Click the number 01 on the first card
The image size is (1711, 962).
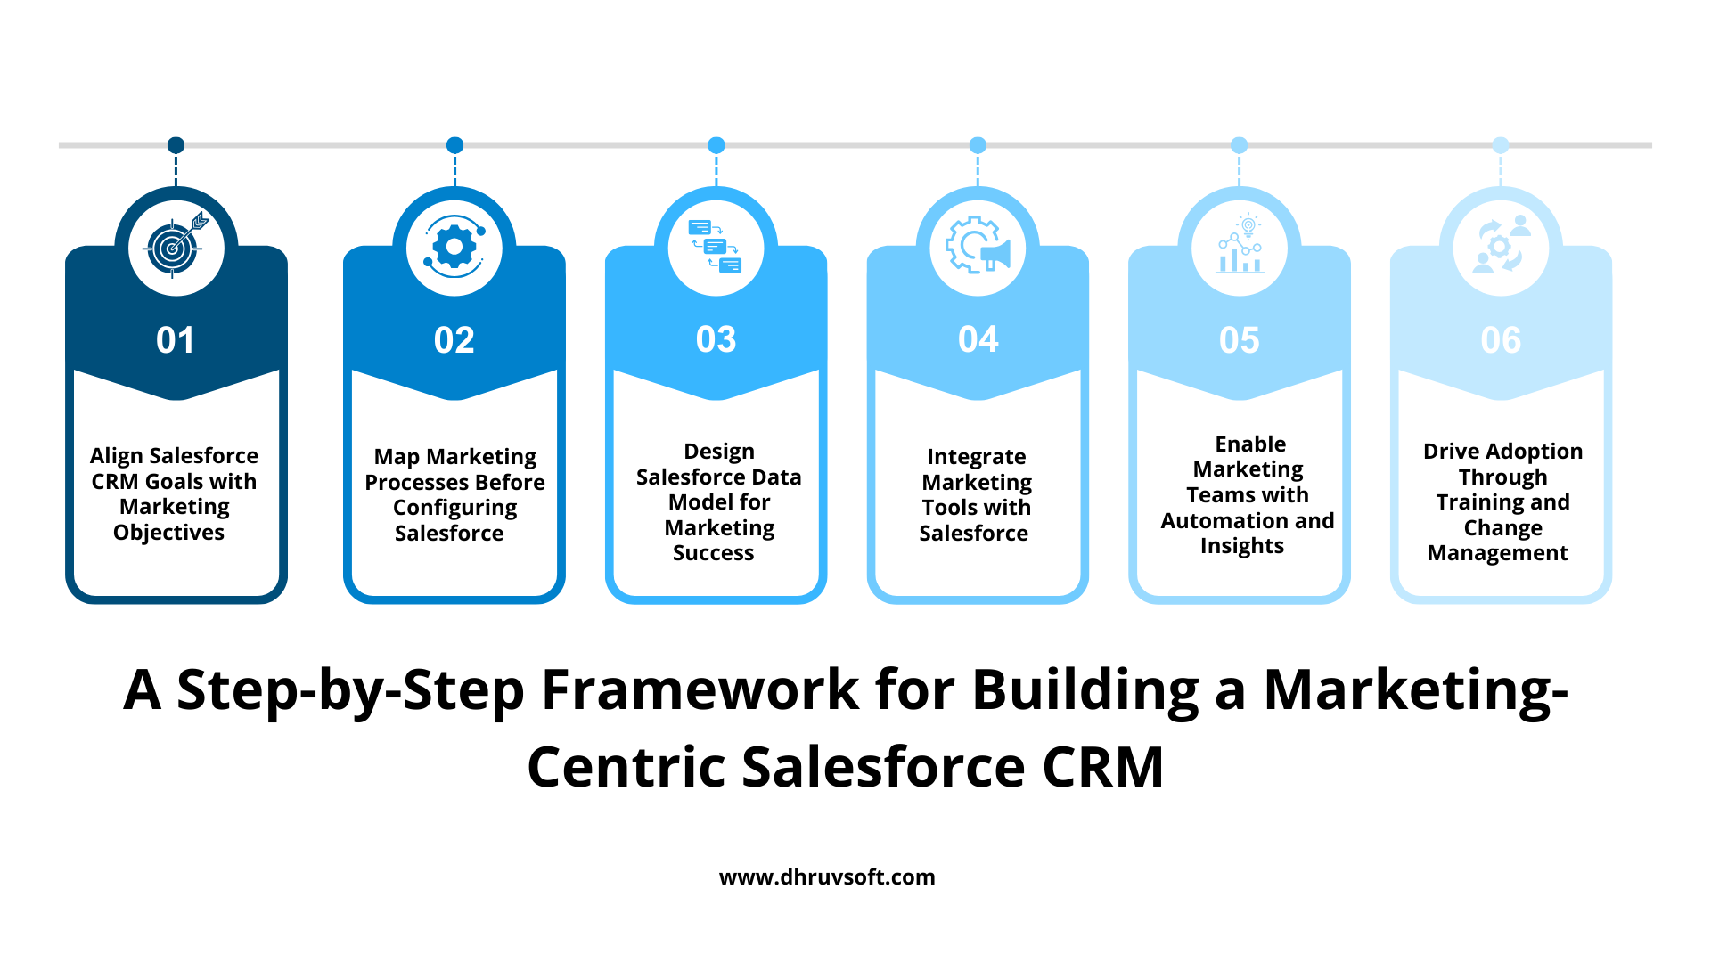pos(176,340)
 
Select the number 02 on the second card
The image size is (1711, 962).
pos(454,340)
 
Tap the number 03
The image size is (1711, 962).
pos(716,339)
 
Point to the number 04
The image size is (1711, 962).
pos(978,339)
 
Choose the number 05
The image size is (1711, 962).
pos(1240,340)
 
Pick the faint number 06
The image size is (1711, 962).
pos(1502,340)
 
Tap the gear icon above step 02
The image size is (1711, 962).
pos(454,247)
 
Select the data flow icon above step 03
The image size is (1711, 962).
pos(716,246)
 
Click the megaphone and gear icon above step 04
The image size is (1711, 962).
pos(978,245)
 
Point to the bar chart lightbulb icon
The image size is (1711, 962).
pos(1240,243)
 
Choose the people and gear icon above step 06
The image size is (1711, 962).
pos(1502,245)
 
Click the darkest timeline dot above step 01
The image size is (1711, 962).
pos(176,145)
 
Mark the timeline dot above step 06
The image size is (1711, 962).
pos(1501,145)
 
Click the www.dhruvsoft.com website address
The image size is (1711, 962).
pos(827,877)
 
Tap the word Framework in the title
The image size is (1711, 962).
pos(700,689)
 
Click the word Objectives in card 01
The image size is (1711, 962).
pos(169,533)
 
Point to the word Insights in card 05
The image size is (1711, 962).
pos(1242,546)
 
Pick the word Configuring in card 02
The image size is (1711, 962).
pos(454,508)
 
